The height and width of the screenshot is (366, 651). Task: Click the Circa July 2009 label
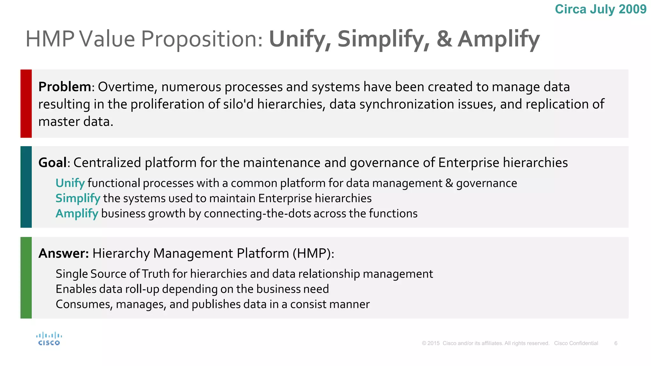[x=600, y=9]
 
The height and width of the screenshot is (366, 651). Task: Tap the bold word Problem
[x=65, y=87]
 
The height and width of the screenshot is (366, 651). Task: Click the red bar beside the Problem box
[x=26, y=104]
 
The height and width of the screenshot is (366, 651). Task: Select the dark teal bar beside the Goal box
[x=26, y=187]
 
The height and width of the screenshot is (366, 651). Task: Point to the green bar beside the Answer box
[x=26, y=278]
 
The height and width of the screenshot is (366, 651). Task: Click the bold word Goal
[x=52, y=163]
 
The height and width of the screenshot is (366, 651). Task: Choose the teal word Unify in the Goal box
[x=70, y=183]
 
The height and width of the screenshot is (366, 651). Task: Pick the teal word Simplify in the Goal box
[x=78, y=199]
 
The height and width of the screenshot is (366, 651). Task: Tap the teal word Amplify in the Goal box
[x=77, y=213]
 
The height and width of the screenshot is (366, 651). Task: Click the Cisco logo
[x=49, y=339]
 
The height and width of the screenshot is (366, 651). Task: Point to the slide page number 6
[x=616, y=343]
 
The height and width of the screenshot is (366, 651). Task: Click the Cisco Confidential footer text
[x=576, y=343]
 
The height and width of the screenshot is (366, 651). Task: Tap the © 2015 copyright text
[x=431, y=343]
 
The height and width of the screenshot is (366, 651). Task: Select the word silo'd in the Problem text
[x=238, y=104]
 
